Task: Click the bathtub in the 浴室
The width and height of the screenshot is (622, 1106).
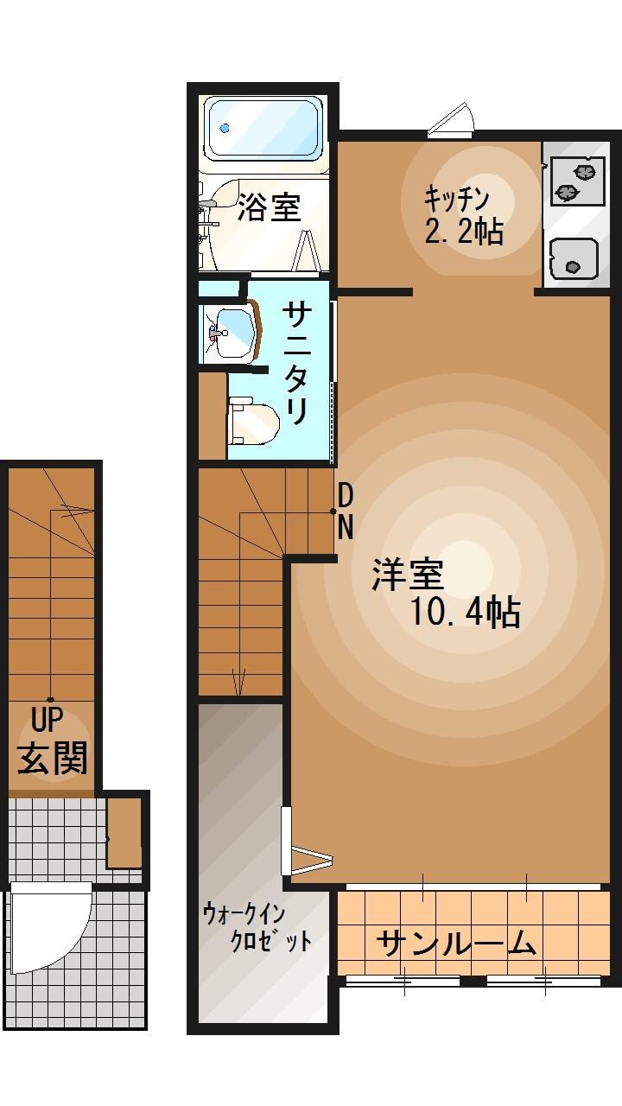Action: click(x=263, y=129)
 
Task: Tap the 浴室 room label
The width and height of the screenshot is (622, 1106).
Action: click(x=269, y=207)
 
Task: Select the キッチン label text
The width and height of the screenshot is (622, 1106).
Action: click(x=456, y=198)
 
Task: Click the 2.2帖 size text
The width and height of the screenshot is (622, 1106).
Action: click(x=464, y=231)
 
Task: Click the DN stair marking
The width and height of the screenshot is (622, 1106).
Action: click(x=345, y=512)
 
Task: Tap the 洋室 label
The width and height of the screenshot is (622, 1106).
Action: click(x=408, y=575)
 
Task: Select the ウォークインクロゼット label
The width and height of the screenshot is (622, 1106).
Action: click(x=257, y=926)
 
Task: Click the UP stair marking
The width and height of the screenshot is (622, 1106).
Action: click(x=50, y=719)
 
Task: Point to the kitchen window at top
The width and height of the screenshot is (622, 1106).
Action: click(x=452, y=124)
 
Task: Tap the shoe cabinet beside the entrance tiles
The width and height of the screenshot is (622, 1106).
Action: click(x=124, y=832)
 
